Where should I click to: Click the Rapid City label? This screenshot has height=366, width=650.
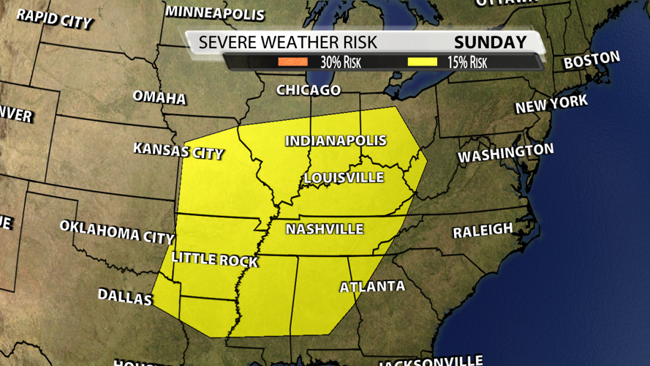click(x=55, y=18)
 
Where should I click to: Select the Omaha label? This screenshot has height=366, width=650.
click(x=159, y=97)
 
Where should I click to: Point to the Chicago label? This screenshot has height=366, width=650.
click(x=309, y=90)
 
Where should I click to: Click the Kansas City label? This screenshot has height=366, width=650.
click(x=178, y=151)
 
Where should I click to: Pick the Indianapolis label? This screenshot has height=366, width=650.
click(x=336, y=141)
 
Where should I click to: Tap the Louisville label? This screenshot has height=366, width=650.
click(x=344, y=178)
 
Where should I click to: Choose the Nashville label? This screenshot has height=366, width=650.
click(x=324, y=229)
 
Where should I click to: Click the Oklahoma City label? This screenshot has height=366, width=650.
click(x=117, y=231)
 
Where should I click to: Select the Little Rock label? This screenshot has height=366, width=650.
click(x=214, y=259)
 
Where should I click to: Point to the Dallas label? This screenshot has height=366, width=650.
click(x=125, y=296)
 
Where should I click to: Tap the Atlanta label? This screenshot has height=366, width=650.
click(x=372, y=286)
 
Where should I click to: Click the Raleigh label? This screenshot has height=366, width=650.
click(x=483, y=231)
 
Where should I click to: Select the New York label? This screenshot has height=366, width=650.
click(x=551, y=104)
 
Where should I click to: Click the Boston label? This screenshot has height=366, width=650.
click(x=592, y=61)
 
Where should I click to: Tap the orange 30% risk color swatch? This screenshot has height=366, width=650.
click(x=292, y=62)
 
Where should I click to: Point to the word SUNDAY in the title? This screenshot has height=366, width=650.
click(x=490, y=42)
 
